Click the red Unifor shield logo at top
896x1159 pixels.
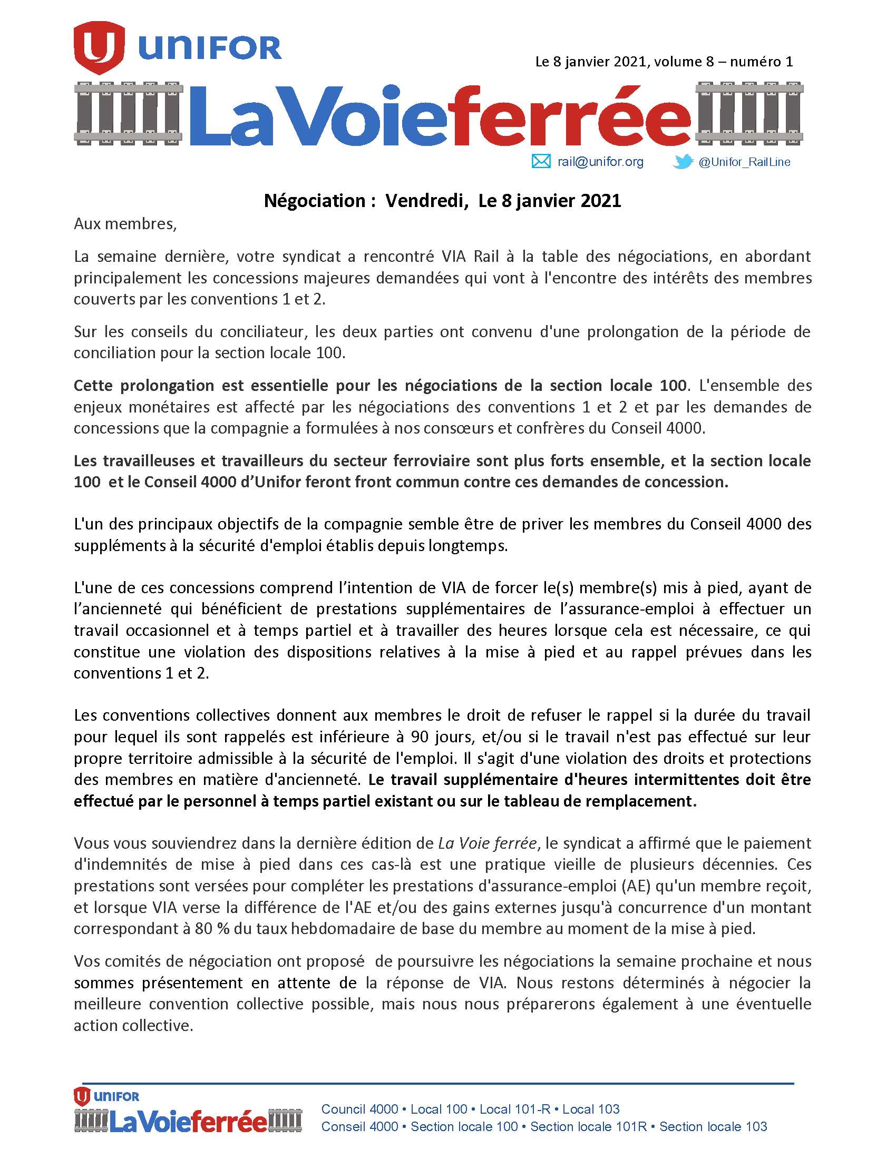pyautogui.click(x=99, y=47)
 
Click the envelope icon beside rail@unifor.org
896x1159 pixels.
pyautogui.click(x=541, y=161)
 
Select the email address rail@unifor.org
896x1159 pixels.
pyautogui.click(x=600, y=162)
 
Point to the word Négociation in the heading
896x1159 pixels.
pyautogui.click(x=315, y=201)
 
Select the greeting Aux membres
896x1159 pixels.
pyautogui.click(x=125, y=224)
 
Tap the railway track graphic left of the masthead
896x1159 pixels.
pyautogui.click(x=128, y=113)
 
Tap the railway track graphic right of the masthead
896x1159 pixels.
pyautogui.click(x=749, y=113)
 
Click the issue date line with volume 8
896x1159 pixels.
pyautogui.click(x=664, y=62)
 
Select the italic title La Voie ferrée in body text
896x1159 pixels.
pyautogui.click(x=488, y=843)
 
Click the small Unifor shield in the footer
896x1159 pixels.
pyautogui.click(x=82, y=1096)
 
